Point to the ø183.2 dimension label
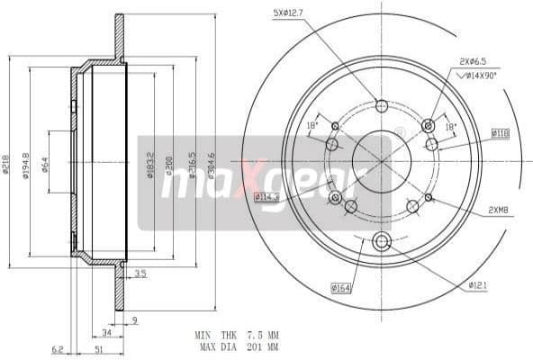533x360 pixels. tap(149, 163)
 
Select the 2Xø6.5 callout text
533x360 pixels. tap(474, 61)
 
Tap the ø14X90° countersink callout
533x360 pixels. tap(482, 76)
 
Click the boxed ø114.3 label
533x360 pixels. tap(266, 196)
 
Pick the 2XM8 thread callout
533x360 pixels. tap(499, 210)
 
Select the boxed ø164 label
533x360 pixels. tap(340, 287)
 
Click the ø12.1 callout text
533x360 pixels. tap(478, 285)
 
